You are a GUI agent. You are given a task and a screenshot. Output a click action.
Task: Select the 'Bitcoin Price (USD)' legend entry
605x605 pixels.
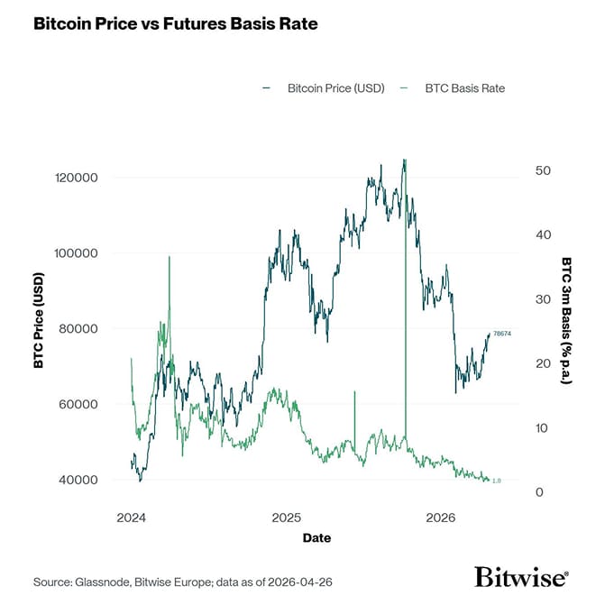click(335, 88)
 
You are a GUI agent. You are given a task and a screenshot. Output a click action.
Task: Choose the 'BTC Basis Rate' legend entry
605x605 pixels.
click(464, 88)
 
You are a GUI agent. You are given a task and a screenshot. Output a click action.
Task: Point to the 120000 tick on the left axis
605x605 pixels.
click(77, 178)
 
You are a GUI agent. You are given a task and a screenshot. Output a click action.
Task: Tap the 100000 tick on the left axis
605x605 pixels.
click(77, 253)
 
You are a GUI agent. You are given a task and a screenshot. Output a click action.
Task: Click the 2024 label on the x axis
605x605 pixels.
click(132, 518)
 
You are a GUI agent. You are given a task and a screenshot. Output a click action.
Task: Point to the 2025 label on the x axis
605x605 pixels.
click(286, 518)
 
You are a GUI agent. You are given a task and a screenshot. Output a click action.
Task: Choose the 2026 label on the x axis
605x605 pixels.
click(440, 518)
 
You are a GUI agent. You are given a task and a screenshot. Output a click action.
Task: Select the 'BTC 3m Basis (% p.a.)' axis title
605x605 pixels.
click(566, 320)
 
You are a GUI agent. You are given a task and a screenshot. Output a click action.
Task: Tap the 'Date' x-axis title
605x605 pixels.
click(316, 538)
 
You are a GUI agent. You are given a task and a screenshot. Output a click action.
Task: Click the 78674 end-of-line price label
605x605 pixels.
click(502, 335)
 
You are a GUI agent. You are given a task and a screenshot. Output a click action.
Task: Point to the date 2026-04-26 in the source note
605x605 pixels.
click(300, 582)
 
